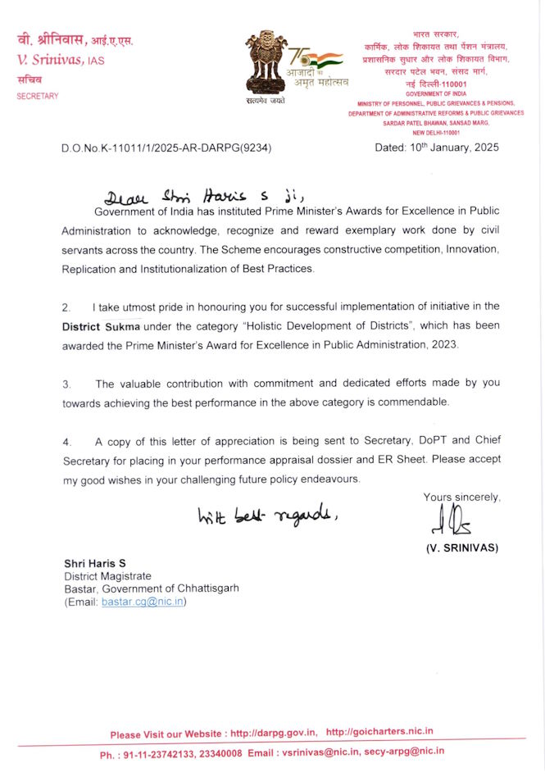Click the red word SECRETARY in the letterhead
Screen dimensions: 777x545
click(x=38, y=97)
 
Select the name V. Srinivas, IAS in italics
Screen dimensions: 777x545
click(x=61, y=60)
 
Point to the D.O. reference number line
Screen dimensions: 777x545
click(x=166, y=148)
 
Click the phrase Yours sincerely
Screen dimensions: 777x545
click(x=461, y=498)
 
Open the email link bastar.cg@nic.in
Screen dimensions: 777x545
click(x=143, y=602)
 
